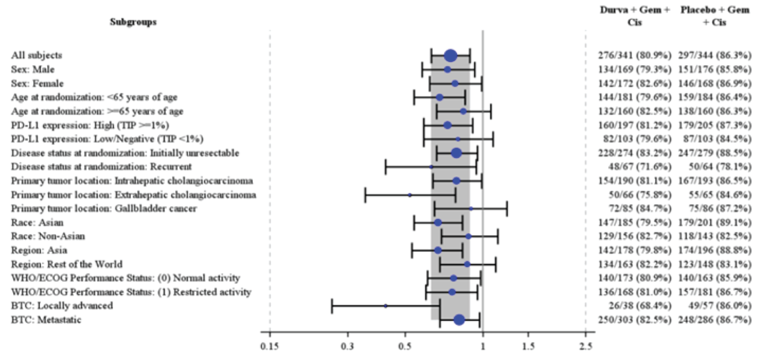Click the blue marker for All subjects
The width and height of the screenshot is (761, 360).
point(450,55)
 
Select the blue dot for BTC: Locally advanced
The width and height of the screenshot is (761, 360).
point(385,306)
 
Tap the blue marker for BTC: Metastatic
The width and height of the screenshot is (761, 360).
point(459,320)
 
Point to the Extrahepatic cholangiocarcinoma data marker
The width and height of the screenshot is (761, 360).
point(409,195)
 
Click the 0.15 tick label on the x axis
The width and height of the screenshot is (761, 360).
point(270,346)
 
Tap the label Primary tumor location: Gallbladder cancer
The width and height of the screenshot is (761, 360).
point(104,208)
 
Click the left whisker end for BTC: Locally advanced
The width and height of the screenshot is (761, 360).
point(332,306)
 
